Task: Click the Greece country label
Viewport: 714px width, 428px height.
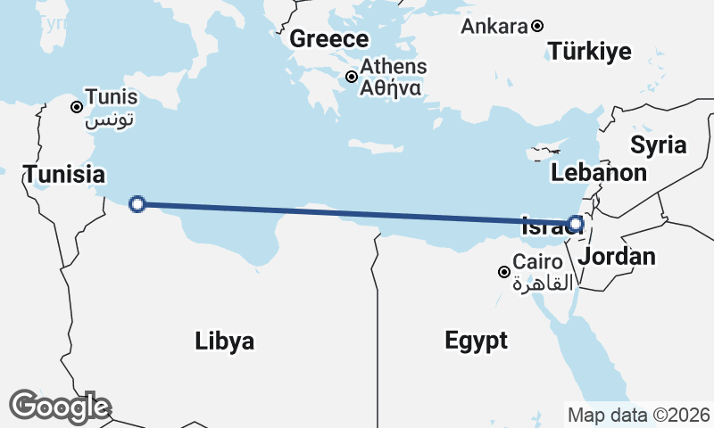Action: pyautogui.click(x=329, y=39)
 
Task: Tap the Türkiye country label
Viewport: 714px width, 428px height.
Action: pyautogui.click(x=590, y=51)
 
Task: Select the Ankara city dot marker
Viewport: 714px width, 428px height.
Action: pyautogui.click(x=537, y=27)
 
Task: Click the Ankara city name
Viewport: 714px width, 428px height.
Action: pyautogui.click(x=494, y=27)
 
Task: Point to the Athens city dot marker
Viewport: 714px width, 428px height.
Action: pyautogui.click(x=352, y=77)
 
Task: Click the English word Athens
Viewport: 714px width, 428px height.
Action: pyautogui.click(x=394, y=67)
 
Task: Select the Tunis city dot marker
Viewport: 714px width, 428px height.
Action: pyautogui.click(x=78, y=107)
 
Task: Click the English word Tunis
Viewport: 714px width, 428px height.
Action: pyautogui.click(x=112, y=97)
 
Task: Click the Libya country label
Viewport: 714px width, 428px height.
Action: pyautogui.click(x=225, y=341)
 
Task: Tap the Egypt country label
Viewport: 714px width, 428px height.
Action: pyautogui.click(x=477, y=340)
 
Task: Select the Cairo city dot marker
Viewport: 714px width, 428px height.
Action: pyautogui.click(x=504, y=272)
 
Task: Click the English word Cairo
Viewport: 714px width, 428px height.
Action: pyautogui.click(x=538, y=263)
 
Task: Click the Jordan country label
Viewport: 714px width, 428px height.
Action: pyautogui.click(x=617, y=258)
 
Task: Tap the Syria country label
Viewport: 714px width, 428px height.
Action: pyautogui.click(x=658, y=144)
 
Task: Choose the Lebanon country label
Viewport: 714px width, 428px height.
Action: pyautogui.click(x=599, y=172)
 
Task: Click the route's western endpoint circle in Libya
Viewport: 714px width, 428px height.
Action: pyautogui.click(x=137, y=204)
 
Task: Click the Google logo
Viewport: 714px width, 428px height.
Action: pyautogui.click(x=60, y=407)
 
